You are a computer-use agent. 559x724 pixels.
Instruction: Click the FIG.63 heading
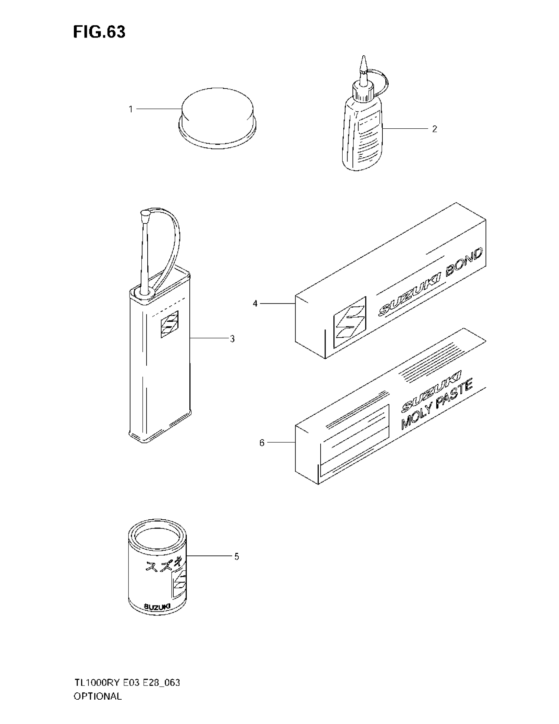coord(99,32)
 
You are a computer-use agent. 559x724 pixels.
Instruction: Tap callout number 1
coord(131,109)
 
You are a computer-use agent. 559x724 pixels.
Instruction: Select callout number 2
coord(434,129)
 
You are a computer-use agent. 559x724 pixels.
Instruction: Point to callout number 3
coord(232,339)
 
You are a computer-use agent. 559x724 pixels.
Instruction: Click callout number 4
coord(255,303)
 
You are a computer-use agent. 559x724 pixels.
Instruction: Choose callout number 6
coord(262,443)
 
